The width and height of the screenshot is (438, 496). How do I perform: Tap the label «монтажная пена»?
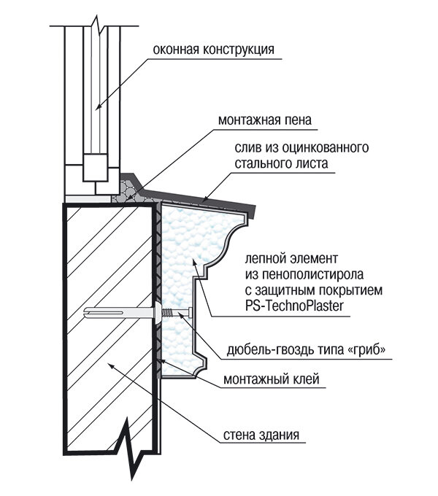tap(258, 120)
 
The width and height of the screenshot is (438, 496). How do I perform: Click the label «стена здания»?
tap(260, 437)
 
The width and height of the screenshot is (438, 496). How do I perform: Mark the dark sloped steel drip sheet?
tap(212, 198)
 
